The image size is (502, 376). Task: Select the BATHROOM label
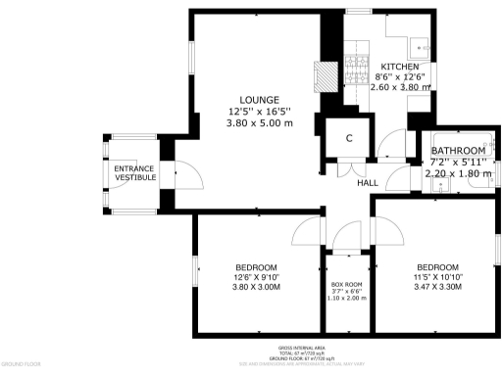pos(458,151)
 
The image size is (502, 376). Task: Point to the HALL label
pos(368,183)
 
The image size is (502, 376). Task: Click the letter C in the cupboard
pos(348,138)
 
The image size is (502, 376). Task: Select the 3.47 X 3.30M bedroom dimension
pos(436,288)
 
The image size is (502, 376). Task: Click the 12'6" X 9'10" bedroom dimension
pos(256,277)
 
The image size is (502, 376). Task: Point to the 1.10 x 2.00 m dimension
pos(346,299)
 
